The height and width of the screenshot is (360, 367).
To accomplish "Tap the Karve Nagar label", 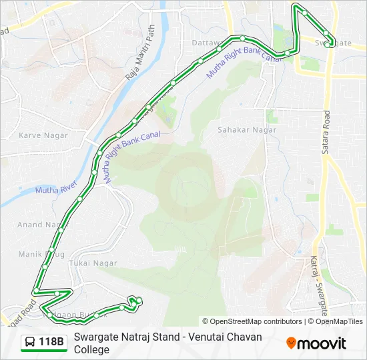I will point(39,135).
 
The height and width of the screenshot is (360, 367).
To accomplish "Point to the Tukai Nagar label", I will point(95,263).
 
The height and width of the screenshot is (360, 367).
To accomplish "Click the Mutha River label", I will point(56,190).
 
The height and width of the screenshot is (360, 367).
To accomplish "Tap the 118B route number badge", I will point(51,343).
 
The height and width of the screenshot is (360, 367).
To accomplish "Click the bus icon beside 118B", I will point(30,343).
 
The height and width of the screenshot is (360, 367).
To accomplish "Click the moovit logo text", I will point(323,343).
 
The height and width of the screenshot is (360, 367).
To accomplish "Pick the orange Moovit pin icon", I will point(292,343).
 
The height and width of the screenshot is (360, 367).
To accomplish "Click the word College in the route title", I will point(91,349).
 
